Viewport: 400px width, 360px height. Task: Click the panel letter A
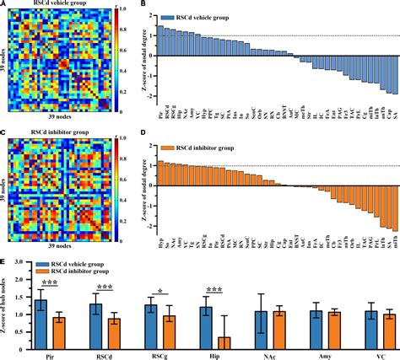3,4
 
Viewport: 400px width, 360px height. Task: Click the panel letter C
3,123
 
